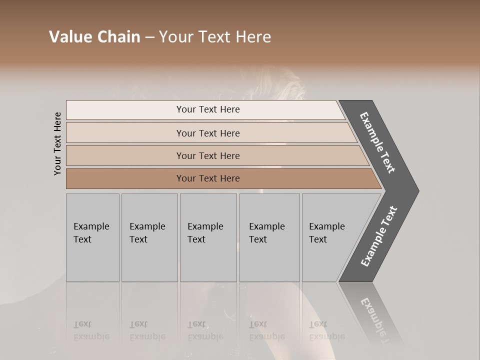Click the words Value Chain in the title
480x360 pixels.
point(94,37)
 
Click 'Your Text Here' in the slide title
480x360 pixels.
point(215,37)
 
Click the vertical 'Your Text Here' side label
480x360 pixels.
point(57,143)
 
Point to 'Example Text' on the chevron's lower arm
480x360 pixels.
point(378,236)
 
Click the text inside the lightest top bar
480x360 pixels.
point(208,109)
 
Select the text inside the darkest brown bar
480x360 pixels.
point(208,178)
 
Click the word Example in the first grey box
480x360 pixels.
point(91,226)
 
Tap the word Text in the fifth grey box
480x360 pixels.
point(318,239)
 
